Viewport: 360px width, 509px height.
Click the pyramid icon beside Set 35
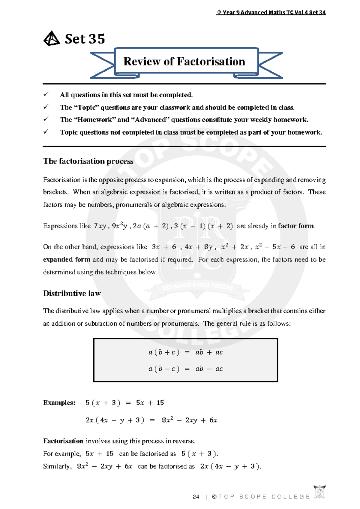(x=52, y=39)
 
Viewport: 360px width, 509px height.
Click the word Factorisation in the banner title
(x=211, y=62)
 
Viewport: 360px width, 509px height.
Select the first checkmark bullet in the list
(x=46, y=95)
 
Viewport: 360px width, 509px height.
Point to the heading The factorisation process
(x=88, y=161)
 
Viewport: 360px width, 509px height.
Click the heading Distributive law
(x=72, y=293)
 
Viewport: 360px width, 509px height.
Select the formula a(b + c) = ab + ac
(x=185, y=352)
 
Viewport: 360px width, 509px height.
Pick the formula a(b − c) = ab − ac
(x=185, y=369)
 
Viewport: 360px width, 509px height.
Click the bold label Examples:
(x=59, y=403)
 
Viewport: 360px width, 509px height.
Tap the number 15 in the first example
(x=160, y=403)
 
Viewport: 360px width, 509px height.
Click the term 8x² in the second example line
(x=167, y=420)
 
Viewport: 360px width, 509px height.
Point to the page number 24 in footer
(x=196, y=497)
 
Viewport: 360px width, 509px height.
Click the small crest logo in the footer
(x=319, y=492)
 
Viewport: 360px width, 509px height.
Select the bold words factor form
(x=296, y=226)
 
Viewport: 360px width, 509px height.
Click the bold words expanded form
(x=67, y=260)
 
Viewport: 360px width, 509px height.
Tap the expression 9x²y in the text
(x=119, y=226)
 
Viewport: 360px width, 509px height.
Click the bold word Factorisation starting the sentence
(x=63, y=441)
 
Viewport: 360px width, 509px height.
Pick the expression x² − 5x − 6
(x=275, y=247)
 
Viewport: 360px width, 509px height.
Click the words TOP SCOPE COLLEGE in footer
(x=264, y=497)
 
